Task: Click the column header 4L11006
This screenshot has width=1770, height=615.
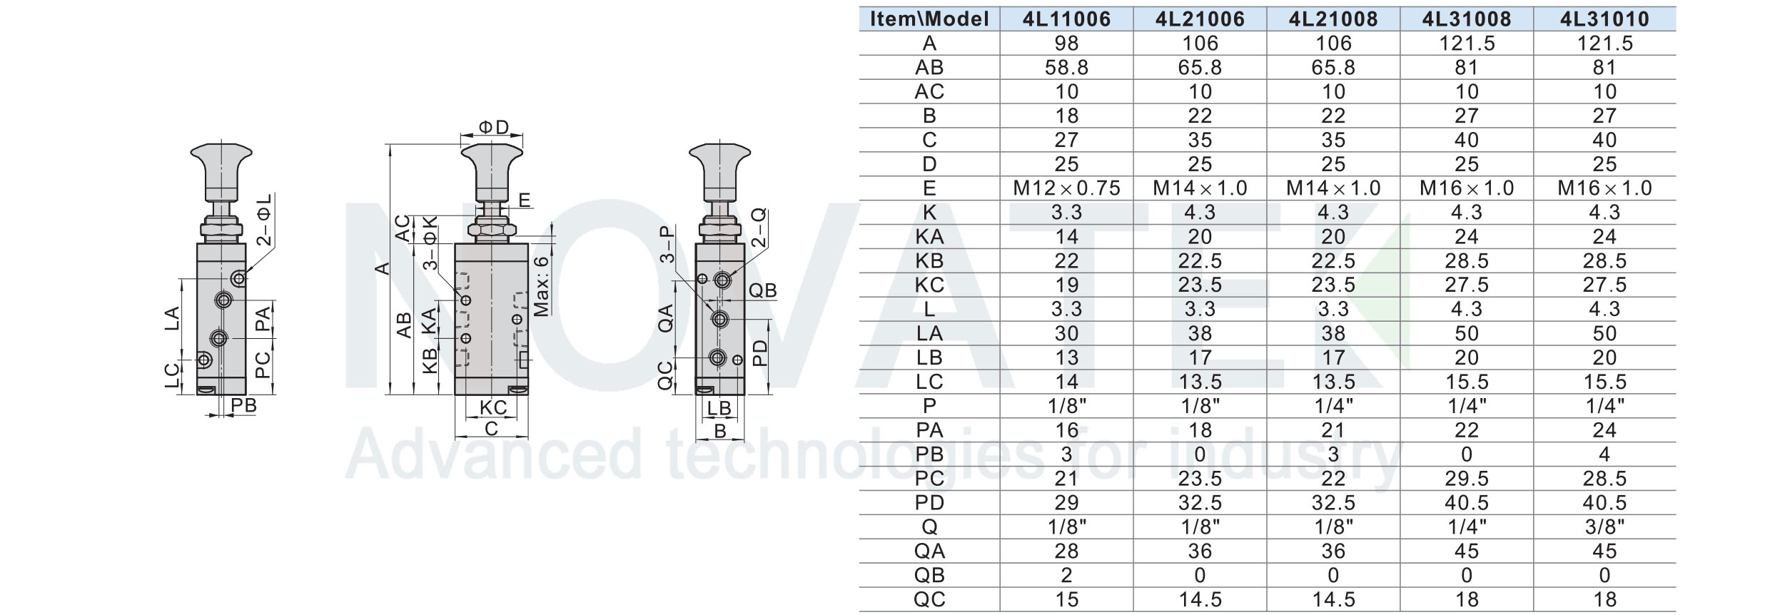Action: (x=1066, y=19)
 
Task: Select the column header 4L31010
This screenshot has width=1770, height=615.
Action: (x=1604, y=19)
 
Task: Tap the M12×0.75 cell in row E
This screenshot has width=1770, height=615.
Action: (x=1066, y=188)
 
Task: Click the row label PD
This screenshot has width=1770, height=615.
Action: (x=929, y=502)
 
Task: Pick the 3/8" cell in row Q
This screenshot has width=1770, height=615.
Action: (x=1604, y=527)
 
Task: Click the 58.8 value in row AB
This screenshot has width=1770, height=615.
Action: (x=1066, y=68)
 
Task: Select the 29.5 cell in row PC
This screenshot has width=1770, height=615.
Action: (x=1467, y=478)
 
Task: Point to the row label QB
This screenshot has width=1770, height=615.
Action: (x=929, y=575)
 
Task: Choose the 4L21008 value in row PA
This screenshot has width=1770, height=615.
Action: (x=1333, y=430)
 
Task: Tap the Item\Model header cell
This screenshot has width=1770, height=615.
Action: (x=929, y=19)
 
